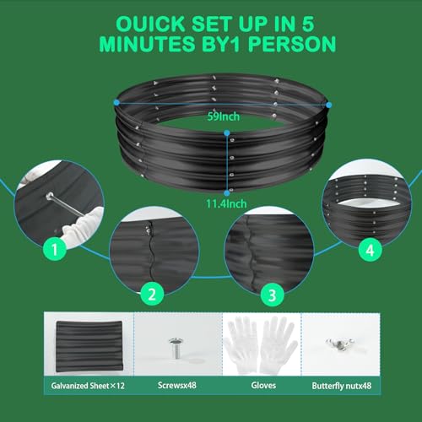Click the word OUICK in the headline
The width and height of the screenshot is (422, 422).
(150, 24)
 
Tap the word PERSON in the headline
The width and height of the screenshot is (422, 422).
(292, 44)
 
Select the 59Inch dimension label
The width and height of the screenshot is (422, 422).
(224, 116)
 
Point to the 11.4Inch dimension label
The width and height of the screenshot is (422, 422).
(226, 203)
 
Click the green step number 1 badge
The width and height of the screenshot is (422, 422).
(55, 249)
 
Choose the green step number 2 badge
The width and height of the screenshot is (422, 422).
(152, 295)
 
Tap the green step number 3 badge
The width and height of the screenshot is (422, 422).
(272, 295)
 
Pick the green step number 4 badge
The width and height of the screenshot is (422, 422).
(370, 250)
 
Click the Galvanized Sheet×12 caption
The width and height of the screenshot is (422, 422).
(88, 386)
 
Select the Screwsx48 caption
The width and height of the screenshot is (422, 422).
(177, 385)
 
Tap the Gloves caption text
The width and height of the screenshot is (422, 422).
(263, 385)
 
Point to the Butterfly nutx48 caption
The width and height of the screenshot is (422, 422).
(342, 386)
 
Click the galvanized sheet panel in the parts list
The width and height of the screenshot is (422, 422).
(89, 346)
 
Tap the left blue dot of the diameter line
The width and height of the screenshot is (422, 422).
(116, 103)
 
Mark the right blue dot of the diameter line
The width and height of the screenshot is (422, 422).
(328, 105)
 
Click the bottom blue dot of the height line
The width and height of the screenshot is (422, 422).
(227, 193)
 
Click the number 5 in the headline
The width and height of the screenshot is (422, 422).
(308, 24)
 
